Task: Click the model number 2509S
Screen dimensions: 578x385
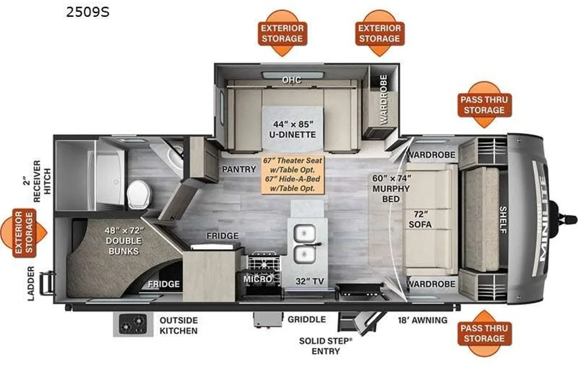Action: (88, 12)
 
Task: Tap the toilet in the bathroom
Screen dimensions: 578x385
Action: (139, 194)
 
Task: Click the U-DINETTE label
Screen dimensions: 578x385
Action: (293, 135)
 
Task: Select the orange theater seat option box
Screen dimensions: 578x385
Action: (293, 174)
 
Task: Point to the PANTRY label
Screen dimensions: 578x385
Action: (239, 169)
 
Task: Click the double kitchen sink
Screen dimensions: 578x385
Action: (305, 244)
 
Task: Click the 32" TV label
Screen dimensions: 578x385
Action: (309, 282)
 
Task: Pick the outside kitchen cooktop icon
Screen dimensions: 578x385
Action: (133, 324)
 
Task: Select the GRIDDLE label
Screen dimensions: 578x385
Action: (306, 319)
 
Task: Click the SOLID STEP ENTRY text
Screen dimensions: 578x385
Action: (326, 346)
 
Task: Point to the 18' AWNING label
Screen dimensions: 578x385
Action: (423, 320)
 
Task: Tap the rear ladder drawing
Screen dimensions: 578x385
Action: (47, 283)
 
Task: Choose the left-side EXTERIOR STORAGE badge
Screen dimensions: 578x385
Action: (24, 233)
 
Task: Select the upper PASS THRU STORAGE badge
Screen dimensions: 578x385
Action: (484, 105)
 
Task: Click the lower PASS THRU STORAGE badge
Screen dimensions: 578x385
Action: (484, 333)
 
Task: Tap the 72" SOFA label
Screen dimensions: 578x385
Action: (420, 219)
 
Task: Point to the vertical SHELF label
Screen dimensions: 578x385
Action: (503, 220)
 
